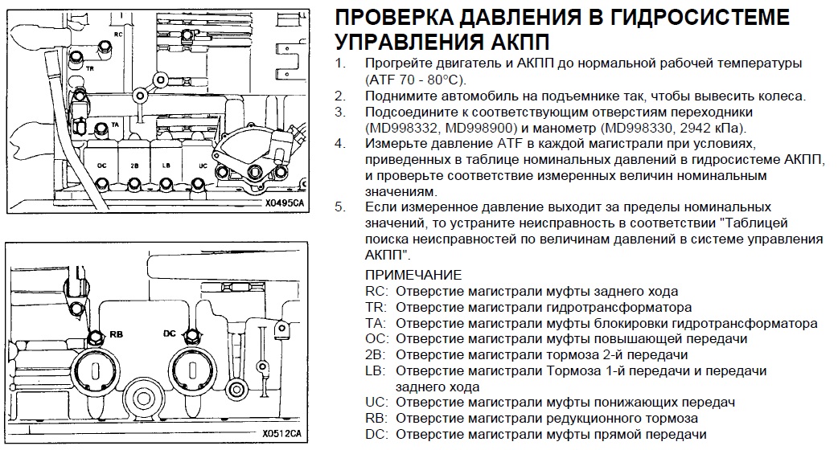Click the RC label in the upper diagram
[x=118, y=35]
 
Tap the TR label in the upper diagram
[x=90, y=68]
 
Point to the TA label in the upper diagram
[x=115, y=125]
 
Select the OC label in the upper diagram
[x=102, y=166]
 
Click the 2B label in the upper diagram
[x=134, y=166]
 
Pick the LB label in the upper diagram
[x=166, y=166]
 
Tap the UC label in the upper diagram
[x=203, y=166]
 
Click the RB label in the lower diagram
[x=116, y=334]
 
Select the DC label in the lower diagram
[x=170, y=333]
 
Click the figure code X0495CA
[x=285, y=203]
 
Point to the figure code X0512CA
[x=281, y=433]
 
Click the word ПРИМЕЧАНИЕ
[x=413, y=275]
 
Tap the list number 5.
[x=340, y=207]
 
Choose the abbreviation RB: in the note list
[x=377, y=419]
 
